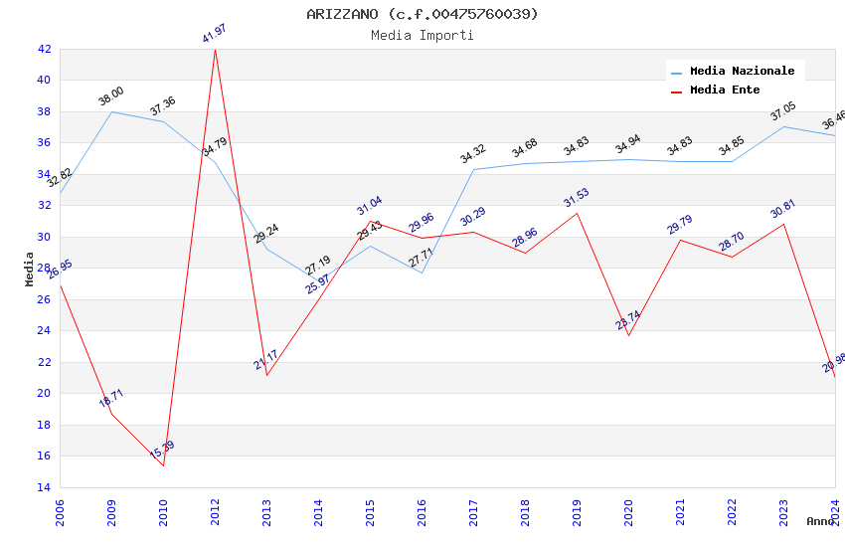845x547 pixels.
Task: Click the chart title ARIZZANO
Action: [422, 14]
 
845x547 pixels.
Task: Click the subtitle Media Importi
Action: [422, 36]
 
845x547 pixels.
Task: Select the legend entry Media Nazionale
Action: [742, 72]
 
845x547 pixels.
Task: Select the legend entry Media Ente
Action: [725, 91]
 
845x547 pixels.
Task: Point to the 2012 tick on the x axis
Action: [215, 512]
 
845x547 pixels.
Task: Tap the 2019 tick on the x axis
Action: [577, 512]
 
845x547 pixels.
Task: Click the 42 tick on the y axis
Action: [44, 49]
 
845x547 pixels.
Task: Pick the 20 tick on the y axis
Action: [44, 393]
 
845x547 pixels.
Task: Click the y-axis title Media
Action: [30, 269]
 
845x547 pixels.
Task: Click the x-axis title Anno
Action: [820, 521]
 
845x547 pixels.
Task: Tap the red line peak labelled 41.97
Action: [215, 49]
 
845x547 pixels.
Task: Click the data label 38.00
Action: [111, 96]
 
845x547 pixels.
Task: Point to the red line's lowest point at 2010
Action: [163, 465]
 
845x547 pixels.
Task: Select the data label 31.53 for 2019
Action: [577, 197]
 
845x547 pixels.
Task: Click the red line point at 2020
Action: [628, 335]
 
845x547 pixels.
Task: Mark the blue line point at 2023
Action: [783, 126]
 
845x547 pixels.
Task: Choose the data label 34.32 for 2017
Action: [473, 154]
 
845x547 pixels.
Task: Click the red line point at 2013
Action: [266, 375]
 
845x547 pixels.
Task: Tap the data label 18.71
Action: [111, 398]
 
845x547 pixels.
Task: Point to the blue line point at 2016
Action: [422, 273]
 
